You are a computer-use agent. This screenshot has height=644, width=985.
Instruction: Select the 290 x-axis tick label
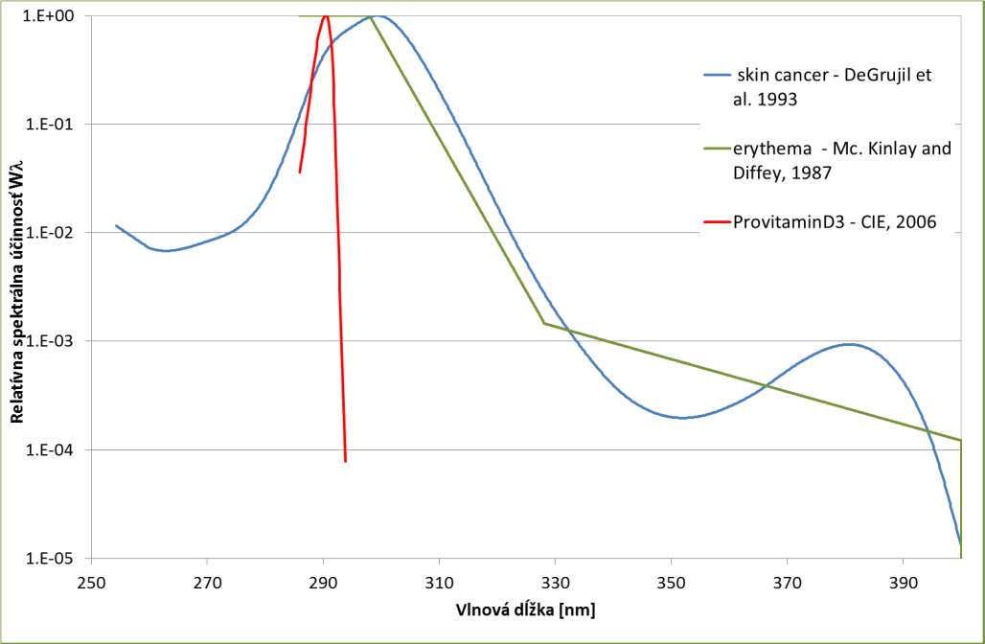tap(324, 580)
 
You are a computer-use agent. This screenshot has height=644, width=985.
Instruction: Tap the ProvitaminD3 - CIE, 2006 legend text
tap(835, 222)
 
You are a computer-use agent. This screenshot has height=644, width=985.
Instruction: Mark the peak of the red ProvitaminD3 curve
tap(326, 15)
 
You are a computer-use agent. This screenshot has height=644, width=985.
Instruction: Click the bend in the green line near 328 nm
tap(544, 323)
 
